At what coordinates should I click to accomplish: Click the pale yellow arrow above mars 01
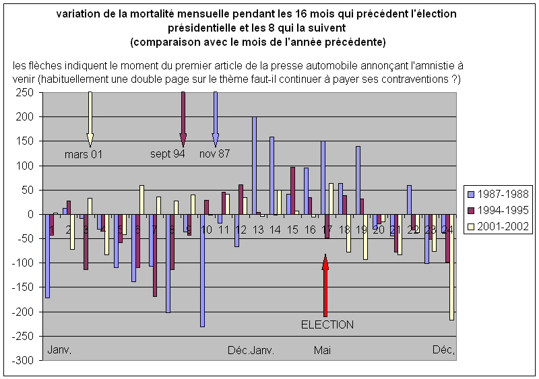[90, 118]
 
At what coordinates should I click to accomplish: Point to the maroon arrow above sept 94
[183, 118]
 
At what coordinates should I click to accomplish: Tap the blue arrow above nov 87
[216, 118]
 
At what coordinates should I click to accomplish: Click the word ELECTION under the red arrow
[327, 324]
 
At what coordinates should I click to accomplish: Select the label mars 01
[84, 154]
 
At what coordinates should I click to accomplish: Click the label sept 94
[168, 154]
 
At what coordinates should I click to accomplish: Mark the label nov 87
[215, 154]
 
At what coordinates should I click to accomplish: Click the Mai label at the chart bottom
[322, 350]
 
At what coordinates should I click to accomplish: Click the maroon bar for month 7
[155, 256]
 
